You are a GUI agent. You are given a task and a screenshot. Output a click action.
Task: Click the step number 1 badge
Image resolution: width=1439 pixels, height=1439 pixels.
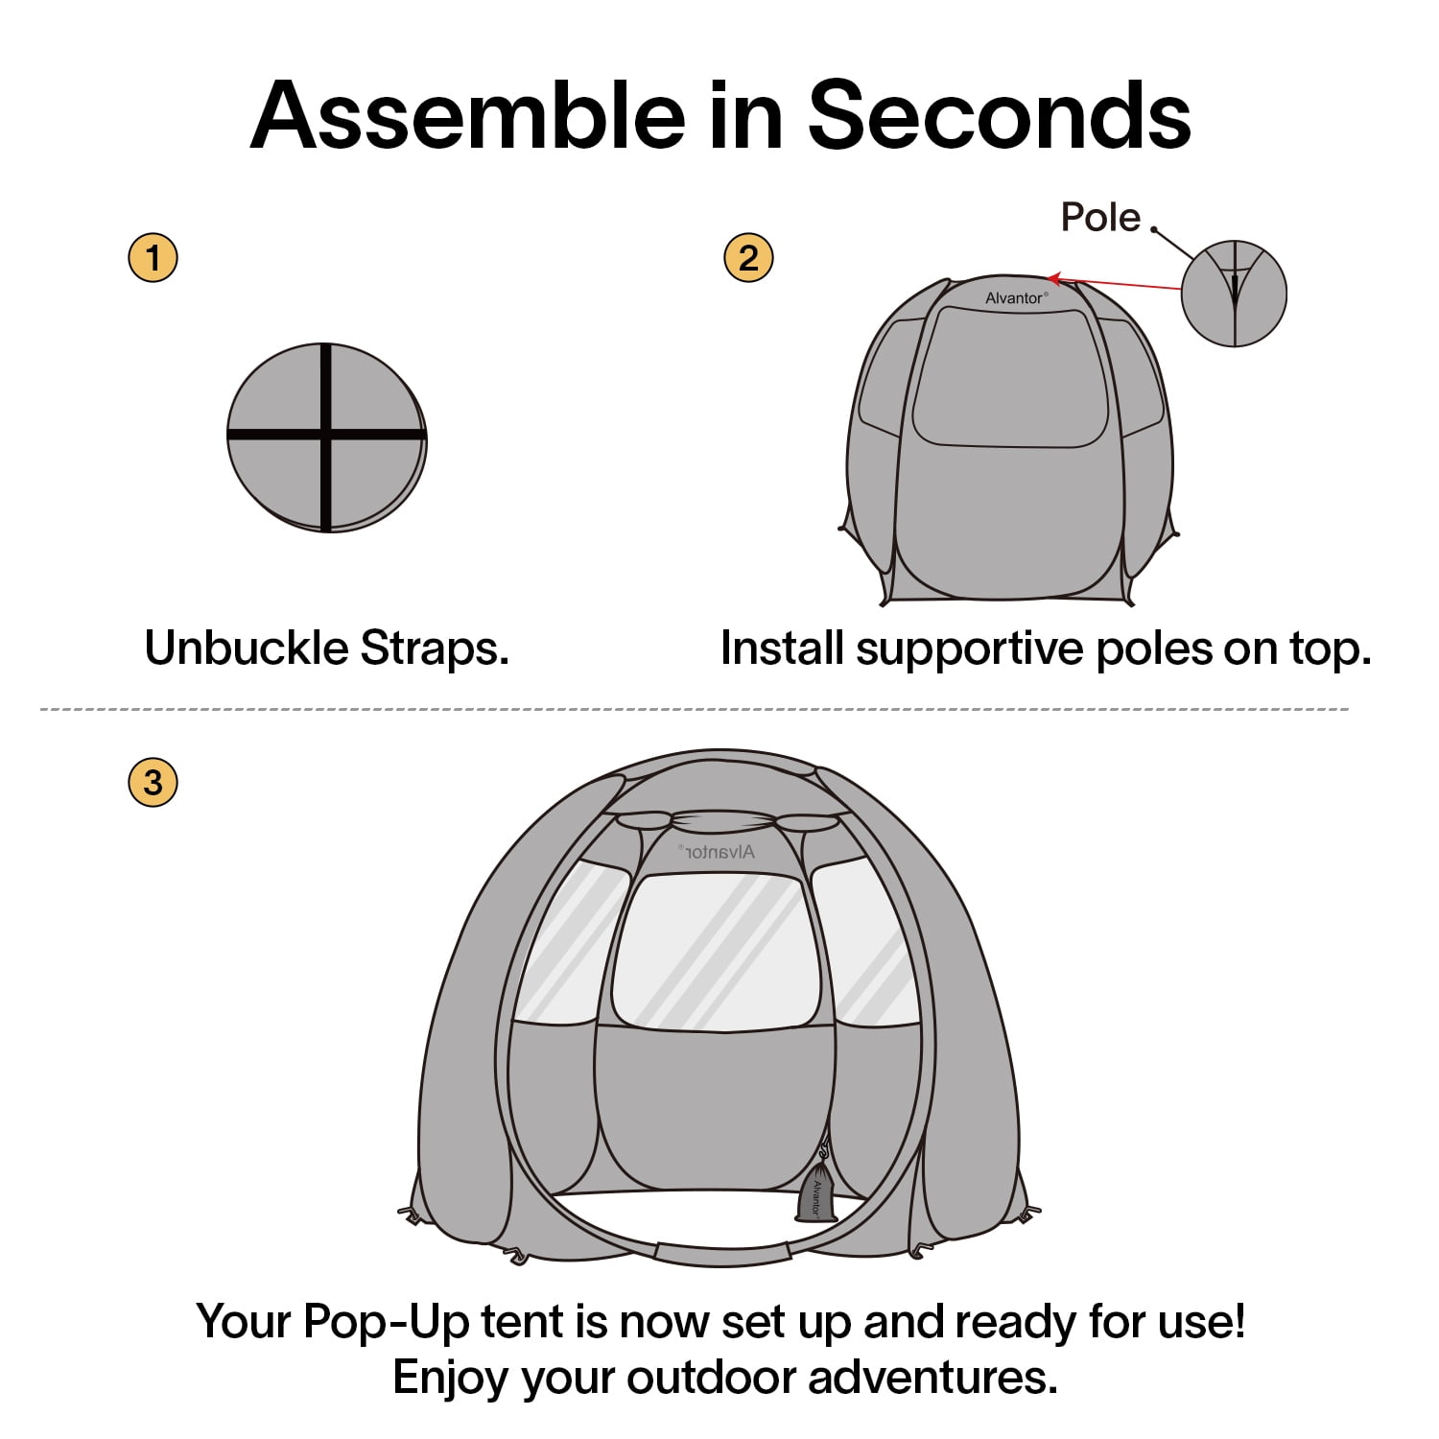pyautogui.click(x=153, y=257)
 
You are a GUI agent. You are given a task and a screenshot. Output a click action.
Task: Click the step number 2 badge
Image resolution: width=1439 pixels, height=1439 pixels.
pyautogui.click(x=748, y=257)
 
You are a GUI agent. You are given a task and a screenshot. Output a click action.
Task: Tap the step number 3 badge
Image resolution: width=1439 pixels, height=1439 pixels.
pyautogui.click(x=153, y=782)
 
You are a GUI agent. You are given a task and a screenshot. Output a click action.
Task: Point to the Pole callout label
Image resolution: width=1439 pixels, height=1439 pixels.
pyautogui.click(x=1100, y=218)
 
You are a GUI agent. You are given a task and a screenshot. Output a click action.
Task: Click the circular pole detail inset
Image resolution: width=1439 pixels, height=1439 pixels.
pyautogui.click(x=1234, y=293)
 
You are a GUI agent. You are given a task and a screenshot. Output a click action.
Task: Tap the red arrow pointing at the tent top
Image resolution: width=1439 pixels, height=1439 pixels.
pyautogui.click(x=1113, y=283)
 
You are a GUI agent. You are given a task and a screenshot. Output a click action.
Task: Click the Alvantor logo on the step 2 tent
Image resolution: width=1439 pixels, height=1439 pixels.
pyautogui.click(x=1016, y=298)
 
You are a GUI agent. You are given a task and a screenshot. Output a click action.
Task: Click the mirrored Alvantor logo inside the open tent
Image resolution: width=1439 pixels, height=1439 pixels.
pyautogui.click(x=717, y=851)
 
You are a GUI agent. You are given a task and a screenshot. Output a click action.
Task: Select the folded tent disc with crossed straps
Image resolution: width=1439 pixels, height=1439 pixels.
pyautogui.click(x=327, y=436)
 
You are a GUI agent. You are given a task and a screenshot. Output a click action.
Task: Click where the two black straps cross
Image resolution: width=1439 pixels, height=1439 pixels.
pyautogui.click(x=327, y=435)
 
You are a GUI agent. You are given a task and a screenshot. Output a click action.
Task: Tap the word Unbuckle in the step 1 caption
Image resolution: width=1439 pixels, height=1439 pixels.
pyautogui.click(x=247, y=649)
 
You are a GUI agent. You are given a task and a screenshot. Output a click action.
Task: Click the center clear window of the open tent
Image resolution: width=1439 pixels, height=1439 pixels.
pyautogui.click(x=717, y=951)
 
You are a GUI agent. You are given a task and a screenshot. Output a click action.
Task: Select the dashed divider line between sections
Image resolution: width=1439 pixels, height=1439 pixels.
pyautogui.click(x=695, y=710)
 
